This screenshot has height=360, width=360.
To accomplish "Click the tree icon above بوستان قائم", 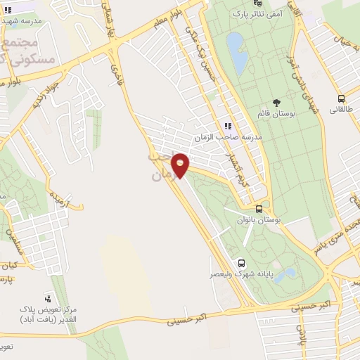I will tap(275, 102).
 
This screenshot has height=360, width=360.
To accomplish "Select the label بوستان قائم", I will tap(276, 113).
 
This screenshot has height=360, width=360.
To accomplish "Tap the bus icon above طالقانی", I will tap(341, 99).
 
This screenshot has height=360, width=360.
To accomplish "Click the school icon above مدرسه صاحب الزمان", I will tap(227, 125).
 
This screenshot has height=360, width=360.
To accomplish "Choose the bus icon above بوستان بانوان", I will tap(259, 209).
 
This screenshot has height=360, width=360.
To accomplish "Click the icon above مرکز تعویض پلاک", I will tap(48, 299).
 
